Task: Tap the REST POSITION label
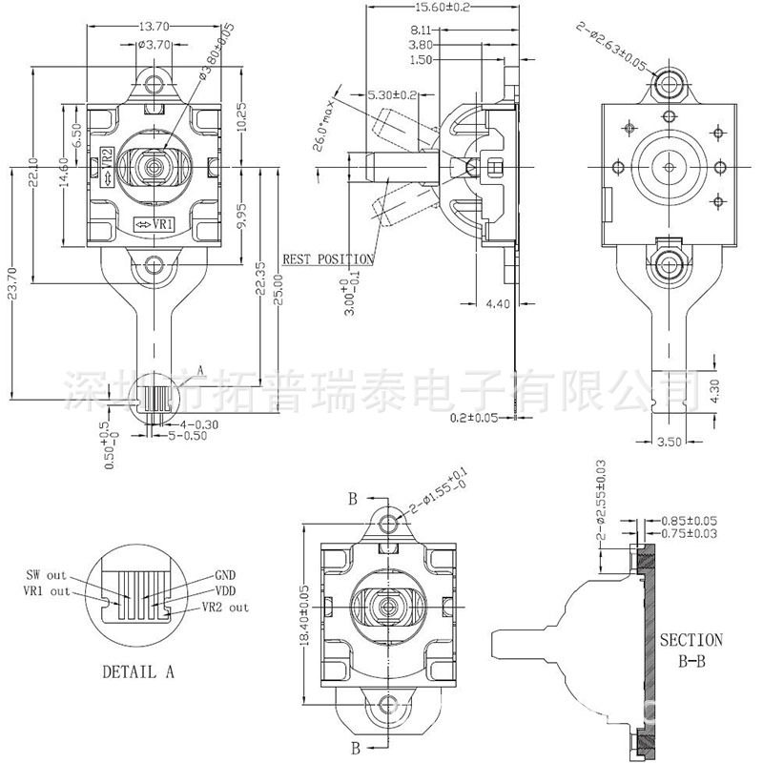pyautogui.click(x=328, y=258)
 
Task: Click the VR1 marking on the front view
pyautogui.click(x=154, y=224)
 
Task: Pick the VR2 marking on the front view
pyautogui.click(x=107, y=158)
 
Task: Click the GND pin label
pyautogui.click(x=226, y=575)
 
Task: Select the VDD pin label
pyautogui.click(x=226, y=590)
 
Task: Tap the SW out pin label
pyautogui.click(x=47, y=575)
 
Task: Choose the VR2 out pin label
pyautogui.click(x=225, y=607)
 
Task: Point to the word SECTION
pyautogui.click(x=691, y=640)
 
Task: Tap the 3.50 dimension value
pyautogui.click(x=671, y=442)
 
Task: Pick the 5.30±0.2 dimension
pyautogui.click(x=392, y=94)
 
